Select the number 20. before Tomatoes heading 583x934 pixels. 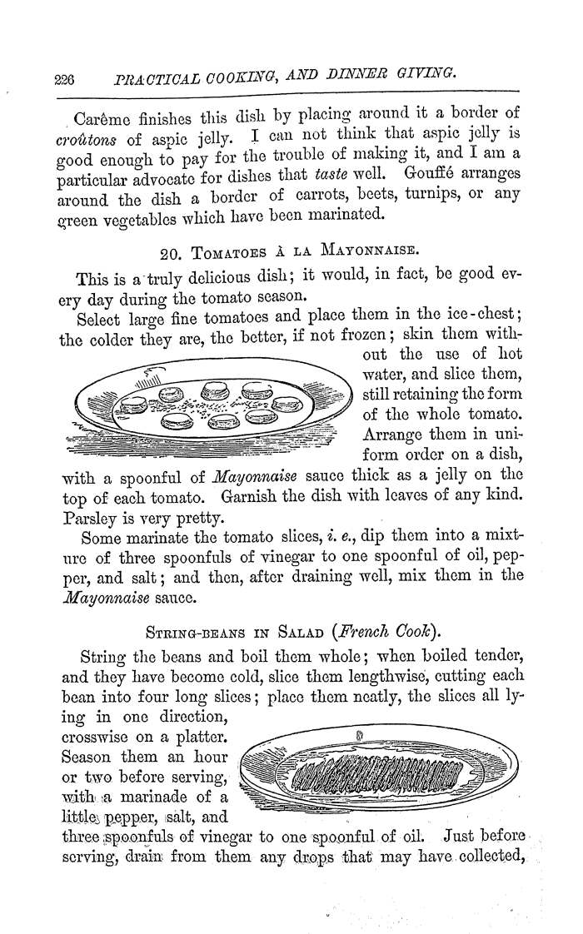[x=171, y=246]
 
